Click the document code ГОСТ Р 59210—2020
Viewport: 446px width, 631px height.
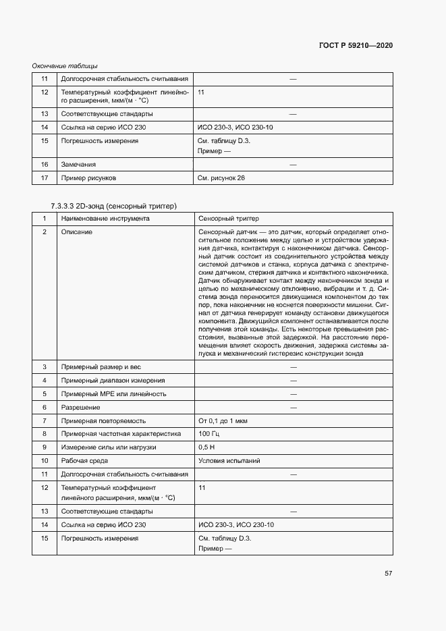click(356, 45)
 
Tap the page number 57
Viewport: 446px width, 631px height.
click(388, 573)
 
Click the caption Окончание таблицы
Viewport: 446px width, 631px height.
click(65, 65)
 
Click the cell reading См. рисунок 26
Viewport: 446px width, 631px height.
click(221, 177)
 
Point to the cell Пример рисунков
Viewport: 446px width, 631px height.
click(89, 177)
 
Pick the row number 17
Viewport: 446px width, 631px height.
click(45, 177)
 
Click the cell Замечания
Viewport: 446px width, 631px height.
click(78, 164)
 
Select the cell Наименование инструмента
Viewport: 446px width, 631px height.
click(105, 219)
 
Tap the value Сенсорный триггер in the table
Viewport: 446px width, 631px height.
click(229, 219)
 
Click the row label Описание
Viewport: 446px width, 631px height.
click(76, 232)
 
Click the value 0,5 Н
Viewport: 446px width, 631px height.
click(206, 447)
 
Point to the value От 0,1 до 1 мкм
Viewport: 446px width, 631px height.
click(223, 420)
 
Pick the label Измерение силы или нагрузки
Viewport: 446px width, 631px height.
click(109, 447)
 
